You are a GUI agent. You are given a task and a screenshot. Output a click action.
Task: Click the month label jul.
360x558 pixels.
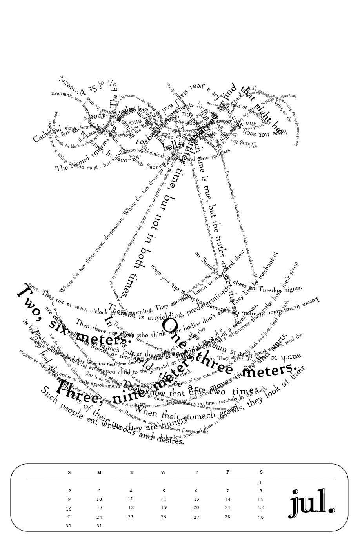(x=312, y=502)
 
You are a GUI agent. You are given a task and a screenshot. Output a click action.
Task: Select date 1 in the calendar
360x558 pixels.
(x=260, y=483)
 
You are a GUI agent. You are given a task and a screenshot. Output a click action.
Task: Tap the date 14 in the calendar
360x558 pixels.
(x=227, y=500)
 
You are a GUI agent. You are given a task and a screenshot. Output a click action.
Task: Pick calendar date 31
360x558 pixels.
(x=99, y=526)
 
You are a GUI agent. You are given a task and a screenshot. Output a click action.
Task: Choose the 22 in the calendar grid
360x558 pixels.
(x=261, y=507)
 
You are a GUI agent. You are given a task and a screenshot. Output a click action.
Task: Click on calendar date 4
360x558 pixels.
(x=131, y=491)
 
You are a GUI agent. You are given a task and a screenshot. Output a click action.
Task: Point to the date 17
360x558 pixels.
(x=99, y=507)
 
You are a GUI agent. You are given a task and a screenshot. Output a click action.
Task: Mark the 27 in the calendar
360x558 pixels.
(x=196, y=517)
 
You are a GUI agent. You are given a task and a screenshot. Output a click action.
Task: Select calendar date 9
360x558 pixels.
(x=69, y=499)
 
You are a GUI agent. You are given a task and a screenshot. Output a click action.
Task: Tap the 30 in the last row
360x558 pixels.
(x=69, y=526)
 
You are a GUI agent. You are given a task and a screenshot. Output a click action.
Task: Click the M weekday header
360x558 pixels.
(x=99, y=472)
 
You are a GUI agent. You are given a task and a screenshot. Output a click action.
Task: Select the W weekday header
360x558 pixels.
(x=163, y=472)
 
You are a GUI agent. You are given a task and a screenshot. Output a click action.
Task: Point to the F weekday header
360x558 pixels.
(x=227, y=472)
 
